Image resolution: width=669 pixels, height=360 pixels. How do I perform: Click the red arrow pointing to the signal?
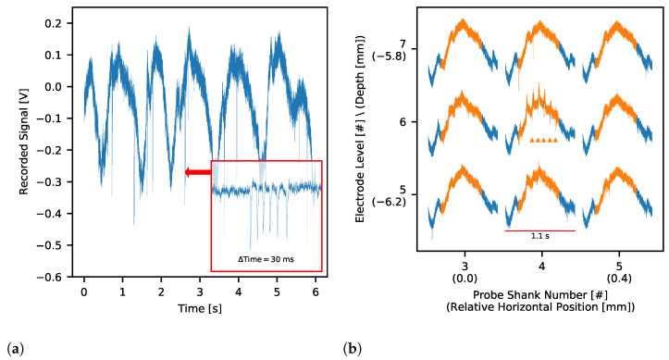(197, 172)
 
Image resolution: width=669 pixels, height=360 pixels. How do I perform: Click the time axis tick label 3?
(200, 292)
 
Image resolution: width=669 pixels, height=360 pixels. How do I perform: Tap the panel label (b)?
(353, 349)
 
